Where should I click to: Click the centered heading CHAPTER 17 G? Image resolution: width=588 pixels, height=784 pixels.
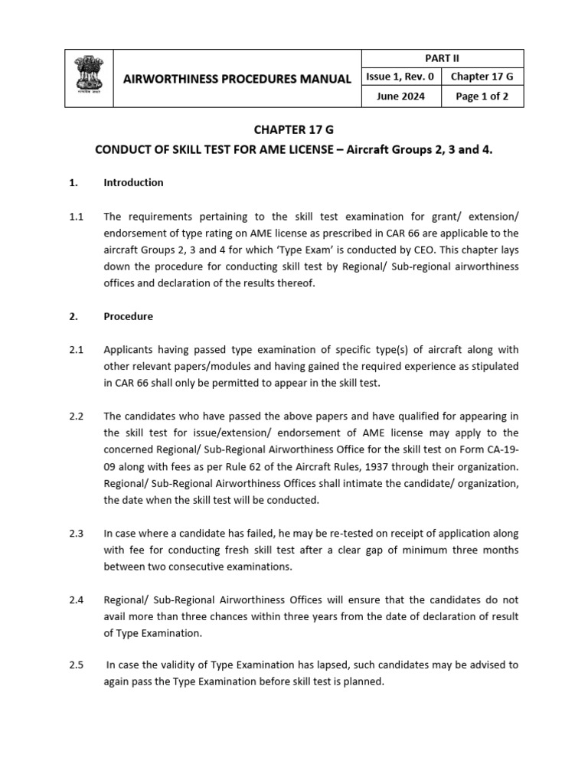293,131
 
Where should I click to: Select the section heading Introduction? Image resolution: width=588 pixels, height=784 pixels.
133,182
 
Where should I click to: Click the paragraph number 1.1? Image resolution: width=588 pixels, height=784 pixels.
76,217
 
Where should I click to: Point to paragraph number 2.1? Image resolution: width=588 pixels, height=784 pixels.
76,350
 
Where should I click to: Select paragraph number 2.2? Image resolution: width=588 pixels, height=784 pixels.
76,416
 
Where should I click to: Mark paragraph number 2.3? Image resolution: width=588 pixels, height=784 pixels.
76,534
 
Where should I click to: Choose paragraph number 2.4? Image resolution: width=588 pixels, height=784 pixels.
76,599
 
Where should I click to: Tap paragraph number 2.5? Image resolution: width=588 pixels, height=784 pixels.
76,665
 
